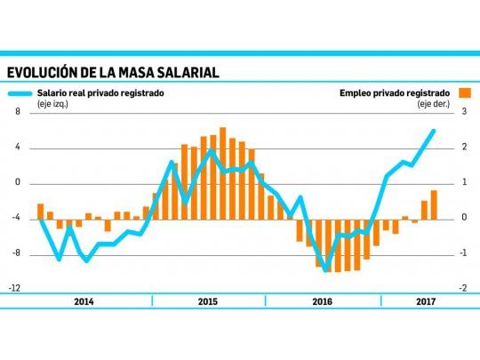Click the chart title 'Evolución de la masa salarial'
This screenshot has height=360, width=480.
tap(113, 72)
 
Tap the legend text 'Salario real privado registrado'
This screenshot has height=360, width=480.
tap(100, 92)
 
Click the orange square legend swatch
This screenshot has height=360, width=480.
tap(464, 92)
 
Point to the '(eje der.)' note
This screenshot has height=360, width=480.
tap(435, 104)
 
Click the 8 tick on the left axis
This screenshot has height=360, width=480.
tap(16, 112)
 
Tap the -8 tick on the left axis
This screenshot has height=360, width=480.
tap(15, 253)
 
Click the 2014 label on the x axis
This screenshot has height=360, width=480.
tap(84, 302)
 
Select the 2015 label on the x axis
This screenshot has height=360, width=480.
tap(206, 302)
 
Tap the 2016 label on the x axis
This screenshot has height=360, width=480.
tap(324, 302)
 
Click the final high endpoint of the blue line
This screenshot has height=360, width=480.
tap(434, 131)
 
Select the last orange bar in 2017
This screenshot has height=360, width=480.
tap(434, 204)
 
